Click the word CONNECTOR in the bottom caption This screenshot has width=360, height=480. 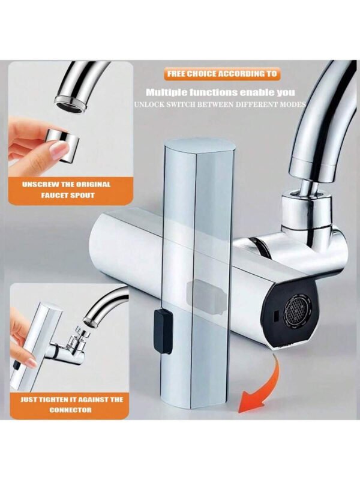click(70, 410)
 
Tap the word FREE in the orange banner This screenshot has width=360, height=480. click(176, 74)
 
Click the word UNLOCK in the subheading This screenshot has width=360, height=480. click(146, 104)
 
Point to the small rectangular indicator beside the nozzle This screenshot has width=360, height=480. click(275, 314)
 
